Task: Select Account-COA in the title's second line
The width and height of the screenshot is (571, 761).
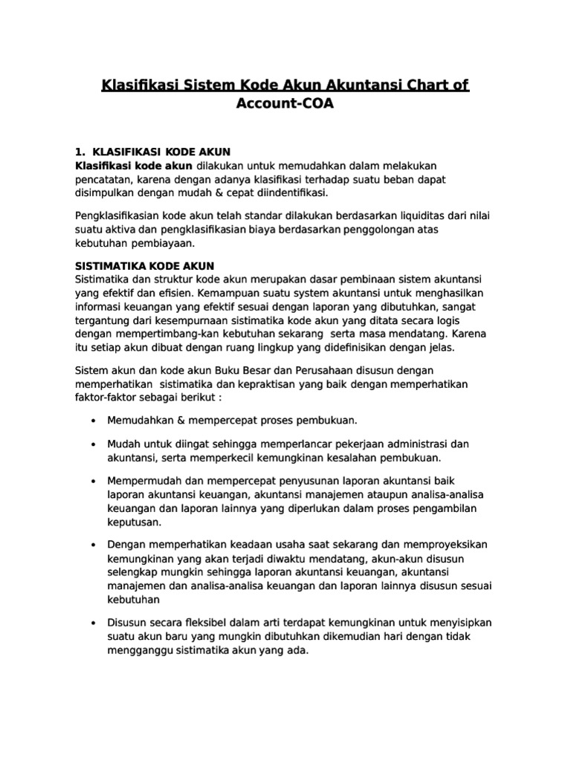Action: click(x=285, y=104)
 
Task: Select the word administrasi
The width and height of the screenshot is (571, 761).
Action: click(x=423, y=444)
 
